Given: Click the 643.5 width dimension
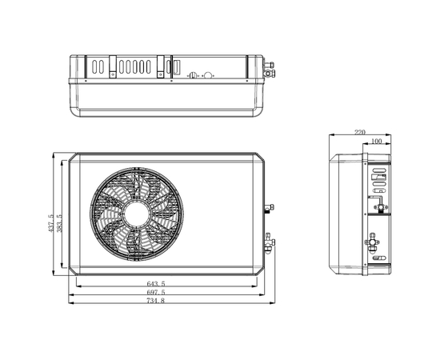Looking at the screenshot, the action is tap(156, 283).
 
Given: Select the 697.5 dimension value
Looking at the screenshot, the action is tap(156, 292).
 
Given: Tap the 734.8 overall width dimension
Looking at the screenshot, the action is tap(156, 301).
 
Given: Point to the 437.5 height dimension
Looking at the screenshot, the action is tap(50, 223).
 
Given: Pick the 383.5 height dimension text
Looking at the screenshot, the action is tap(59, 223).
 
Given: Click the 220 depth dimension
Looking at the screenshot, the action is tap(360, 132).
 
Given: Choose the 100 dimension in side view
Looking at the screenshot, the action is tap(376, 141).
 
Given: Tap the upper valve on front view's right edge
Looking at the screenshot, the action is tap(269, 208).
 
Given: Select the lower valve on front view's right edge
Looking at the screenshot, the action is tap(270, 242).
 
